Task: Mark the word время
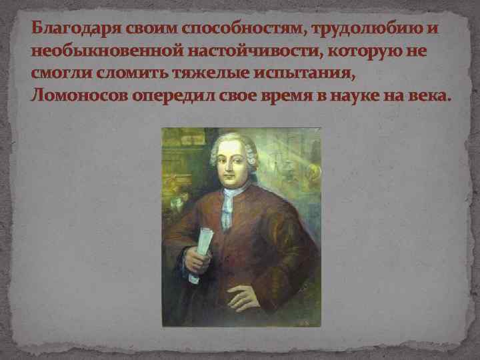tap(281, 95)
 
